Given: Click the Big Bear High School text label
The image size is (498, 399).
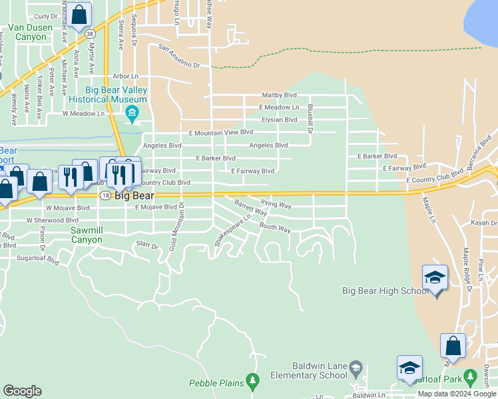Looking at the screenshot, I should pos(385,291).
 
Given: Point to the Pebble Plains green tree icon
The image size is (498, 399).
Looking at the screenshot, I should pos(252,380).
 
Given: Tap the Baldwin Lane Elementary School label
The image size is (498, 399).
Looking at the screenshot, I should pos(320,370).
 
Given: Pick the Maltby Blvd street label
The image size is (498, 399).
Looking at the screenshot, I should pos(279,95).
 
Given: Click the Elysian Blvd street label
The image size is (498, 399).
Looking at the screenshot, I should pos(279,120).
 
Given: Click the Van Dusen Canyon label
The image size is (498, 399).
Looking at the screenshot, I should pos(27,33).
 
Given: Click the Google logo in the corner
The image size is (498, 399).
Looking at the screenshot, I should pos(22,390).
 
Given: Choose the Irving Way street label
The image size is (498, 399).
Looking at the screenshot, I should pos(276,205).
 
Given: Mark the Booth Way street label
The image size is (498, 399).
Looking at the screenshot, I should pos(275,228).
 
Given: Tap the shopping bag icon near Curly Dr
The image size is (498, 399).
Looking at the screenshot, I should pos(79,14).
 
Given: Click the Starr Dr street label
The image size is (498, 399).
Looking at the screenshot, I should pos(147,245).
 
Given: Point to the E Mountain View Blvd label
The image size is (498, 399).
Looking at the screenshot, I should pos(221,133).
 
